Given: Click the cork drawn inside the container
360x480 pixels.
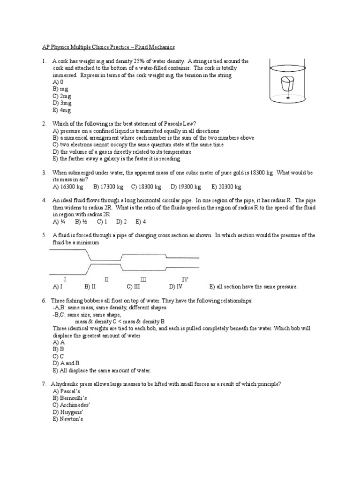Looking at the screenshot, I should point(286,85).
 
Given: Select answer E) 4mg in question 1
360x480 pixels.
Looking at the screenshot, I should point(62,110).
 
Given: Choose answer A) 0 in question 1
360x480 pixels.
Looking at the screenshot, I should point(58,82).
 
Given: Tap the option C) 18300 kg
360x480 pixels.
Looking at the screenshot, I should point(147,187).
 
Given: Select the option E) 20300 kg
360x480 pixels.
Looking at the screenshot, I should point(226,187).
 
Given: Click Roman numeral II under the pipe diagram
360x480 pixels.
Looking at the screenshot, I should point(106,279).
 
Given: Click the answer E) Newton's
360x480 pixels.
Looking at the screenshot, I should point(68,419).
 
